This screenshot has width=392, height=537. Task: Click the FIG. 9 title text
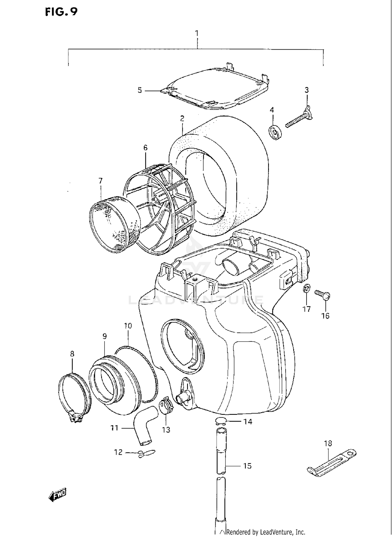(x=61, y=12)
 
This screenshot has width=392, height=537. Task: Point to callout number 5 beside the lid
(x=140, y=90)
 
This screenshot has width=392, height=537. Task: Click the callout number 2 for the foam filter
(x=182, y=119)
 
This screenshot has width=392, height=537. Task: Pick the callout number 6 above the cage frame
(x=145, y=148)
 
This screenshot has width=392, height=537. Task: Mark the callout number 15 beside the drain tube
(x=247, y=466)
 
